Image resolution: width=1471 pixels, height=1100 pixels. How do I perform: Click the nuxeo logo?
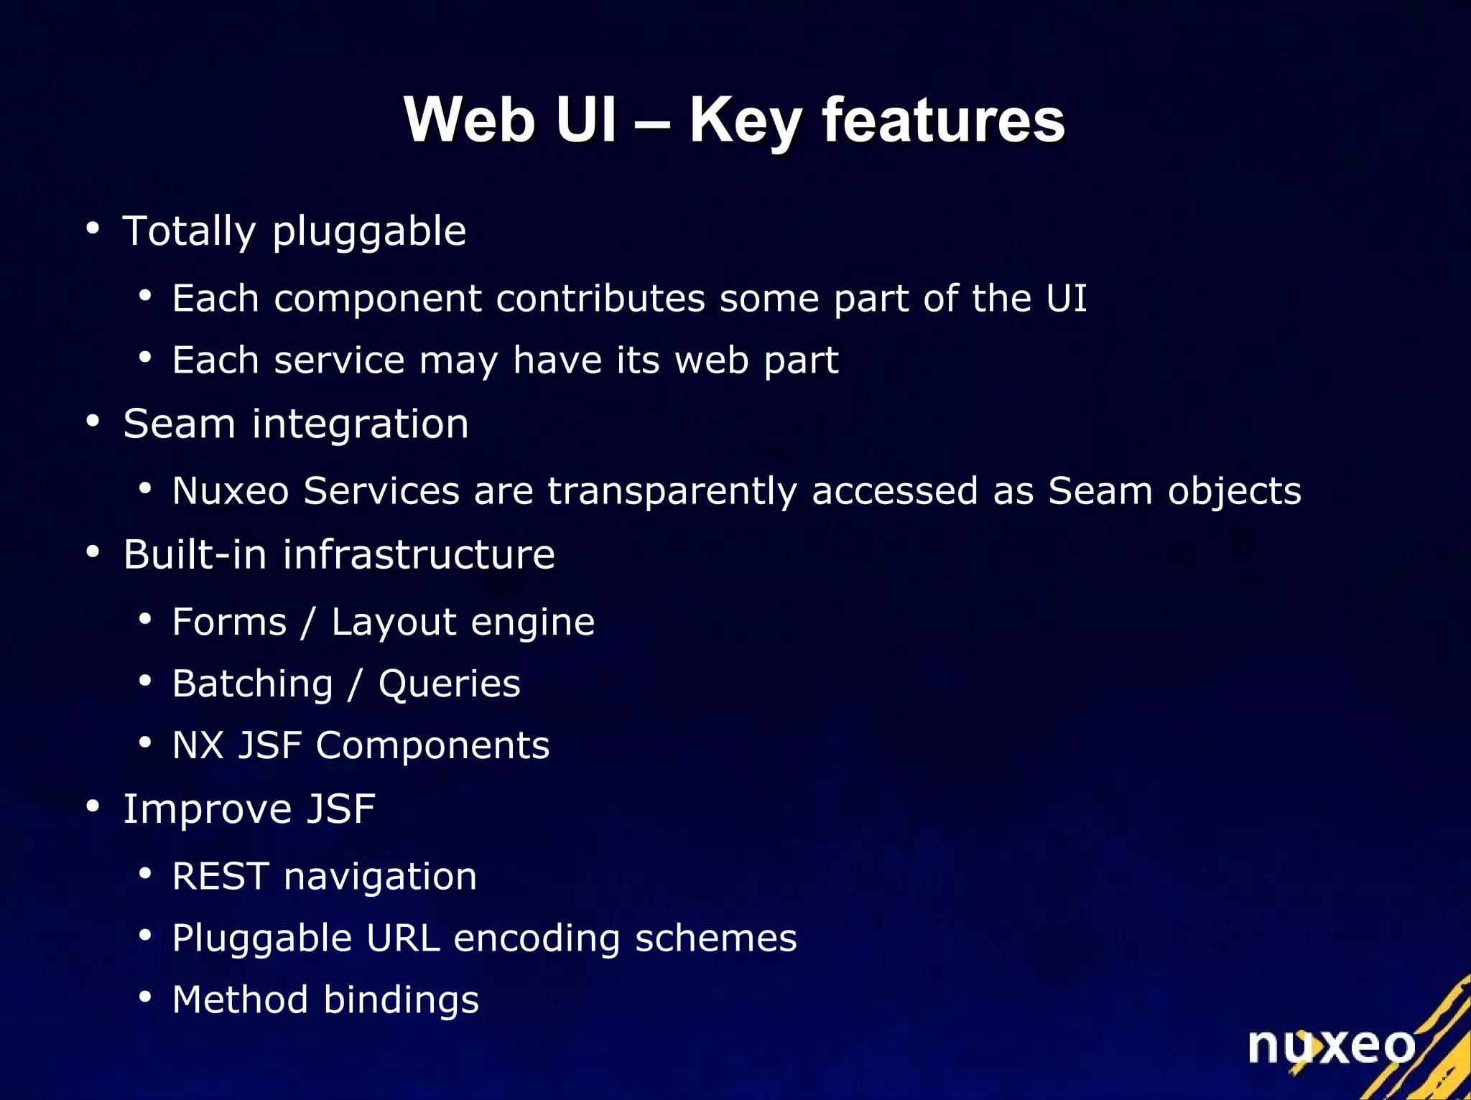[x=1331, y=1046]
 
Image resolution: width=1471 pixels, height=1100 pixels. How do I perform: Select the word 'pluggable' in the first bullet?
[x=369, y=233]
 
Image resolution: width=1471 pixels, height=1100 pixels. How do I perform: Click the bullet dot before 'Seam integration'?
[x=93, y=421]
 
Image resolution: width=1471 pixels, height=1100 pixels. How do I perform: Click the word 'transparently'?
[x=672, y=492]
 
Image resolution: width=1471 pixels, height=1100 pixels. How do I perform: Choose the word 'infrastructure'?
[x=419, y=554]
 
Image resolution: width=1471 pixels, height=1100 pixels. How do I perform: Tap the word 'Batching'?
[x=253, y=684]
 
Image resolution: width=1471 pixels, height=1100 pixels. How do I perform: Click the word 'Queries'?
[x=449, y=684]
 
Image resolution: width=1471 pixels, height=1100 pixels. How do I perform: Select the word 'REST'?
[x=221, y=876]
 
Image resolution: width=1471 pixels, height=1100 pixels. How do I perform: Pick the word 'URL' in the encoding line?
[x=402, y=938]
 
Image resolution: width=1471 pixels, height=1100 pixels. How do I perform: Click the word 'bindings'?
[x=401, y=1000]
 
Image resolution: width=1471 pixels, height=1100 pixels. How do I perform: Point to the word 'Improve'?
[x=208, y=810]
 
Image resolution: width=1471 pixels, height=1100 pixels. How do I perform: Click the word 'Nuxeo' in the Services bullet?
[x=231, y=491]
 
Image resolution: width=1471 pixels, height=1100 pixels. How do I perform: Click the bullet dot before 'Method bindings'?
[x=145, y=997]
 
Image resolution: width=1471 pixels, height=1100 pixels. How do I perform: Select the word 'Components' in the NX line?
[x=432, y=745]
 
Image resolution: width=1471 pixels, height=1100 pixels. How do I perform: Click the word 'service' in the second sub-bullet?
[x=339, y=360]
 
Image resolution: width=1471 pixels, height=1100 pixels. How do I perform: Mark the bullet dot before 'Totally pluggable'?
[x=93, y=229]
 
